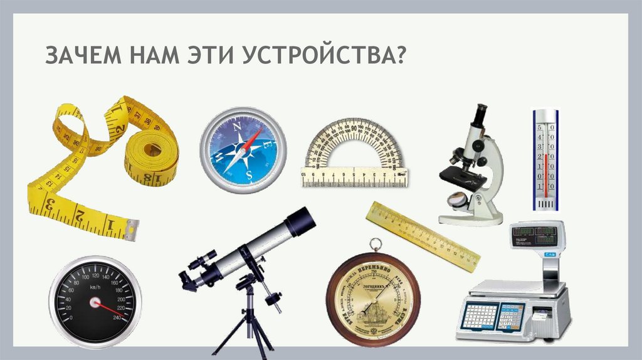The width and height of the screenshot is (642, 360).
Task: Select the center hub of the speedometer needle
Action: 96,303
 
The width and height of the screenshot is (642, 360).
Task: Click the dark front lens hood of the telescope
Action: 300,221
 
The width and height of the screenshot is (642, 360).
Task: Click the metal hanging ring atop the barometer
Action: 374,245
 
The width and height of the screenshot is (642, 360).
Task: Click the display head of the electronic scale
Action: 536,235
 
